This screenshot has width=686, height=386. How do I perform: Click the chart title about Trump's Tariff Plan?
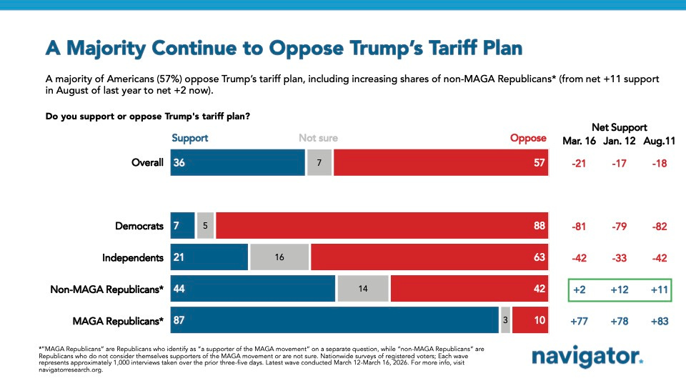click(284, 49)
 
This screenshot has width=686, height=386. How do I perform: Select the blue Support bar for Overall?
click(238, 162)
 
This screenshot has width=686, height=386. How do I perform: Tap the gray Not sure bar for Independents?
click(279, 257)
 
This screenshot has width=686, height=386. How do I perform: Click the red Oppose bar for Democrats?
click(382, 226)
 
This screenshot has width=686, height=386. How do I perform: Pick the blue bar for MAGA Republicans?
click(334, 321)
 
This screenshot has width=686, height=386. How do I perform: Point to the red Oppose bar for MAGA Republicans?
click(530, 321)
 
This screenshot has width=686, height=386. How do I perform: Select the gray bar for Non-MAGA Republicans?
click(363, 289)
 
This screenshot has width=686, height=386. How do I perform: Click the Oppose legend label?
click(528, 138)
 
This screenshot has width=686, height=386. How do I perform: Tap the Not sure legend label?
click(318, 138)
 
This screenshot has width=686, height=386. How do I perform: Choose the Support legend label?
click(190, 138)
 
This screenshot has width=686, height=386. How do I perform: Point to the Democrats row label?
click(139, 226)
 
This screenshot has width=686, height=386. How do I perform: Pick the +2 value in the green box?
click(580, 289)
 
